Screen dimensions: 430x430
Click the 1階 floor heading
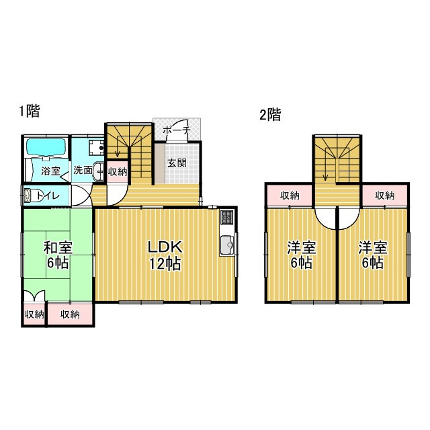30,112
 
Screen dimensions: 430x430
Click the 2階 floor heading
270,115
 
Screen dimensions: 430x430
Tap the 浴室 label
50,171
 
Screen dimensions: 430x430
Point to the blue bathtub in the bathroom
45,147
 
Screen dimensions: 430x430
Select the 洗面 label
83,171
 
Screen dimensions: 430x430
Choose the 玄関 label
177,163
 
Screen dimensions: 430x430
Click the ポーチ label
177,129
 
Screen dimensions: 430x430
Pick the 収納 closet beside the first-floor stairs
117,171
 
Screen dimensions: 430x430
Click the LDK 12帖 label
164,255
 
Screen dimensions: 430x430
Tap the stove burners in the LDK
226,217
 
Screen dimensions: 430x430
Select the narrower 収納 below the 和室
34,314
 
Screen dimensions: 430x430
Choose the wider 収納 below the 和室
70,314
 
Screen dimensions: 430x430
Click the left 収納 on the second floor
290,196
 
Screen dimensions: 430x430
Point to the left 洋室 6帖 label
301,255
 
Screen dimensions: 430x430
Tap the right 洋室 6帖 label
372,255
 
